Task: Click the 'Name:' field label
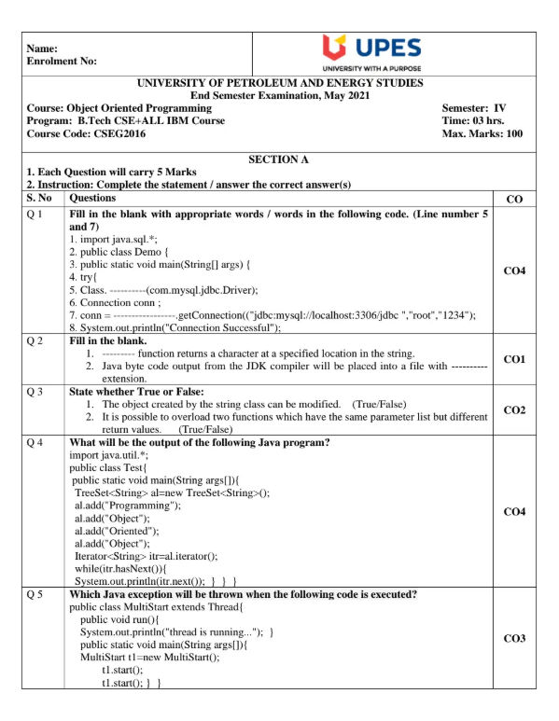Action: tap(43, 48)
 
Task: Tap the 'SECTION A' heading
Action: tap(279, 160)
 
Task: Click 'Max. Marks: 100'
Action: tap(482, 133)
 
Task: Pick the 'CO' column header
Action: tap(513, 198)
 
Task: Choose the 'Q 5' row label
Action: tap(36, 594)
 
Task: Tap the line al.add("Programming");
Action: tap(128, 505)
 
